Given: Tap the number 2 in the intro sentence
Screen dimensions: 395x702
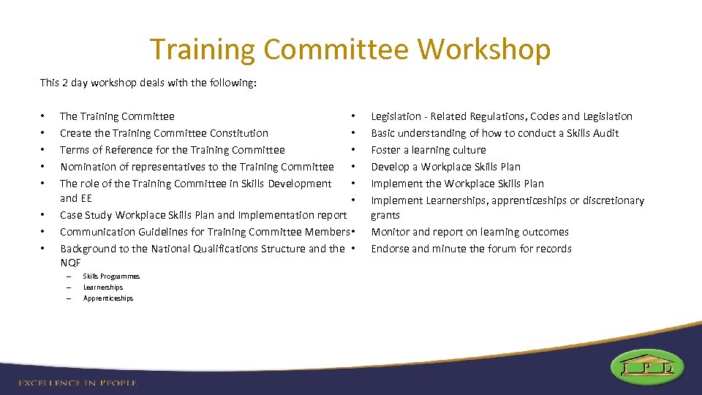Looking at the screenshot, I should coord(66,83).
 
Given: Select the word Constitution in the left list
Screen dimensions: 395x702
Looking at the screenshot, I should coord(239,133).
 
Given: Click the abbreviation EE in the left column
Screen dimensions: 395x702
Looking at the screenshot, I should coord(86,198).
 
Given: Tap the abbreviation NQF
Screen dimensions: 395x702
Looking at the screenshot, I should coord(70,263).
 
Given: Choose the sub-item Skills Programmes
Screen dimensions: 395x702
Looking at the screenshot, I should coord(111,276).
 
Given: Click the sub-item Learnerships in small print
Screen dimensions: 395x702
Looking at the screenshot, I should coord(103,287).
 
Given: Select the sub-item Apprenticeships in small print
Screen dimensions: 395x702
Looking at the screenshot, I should coord(108,298).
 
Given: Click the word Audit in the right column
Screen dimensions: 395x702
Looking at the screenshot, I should coord(605,133).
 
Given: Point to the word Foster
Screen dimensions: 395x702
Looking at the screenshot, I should coord(386,150).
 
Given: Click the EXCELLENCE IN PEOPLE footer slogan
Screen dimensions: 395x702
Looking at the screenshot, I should coord(78,383).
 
